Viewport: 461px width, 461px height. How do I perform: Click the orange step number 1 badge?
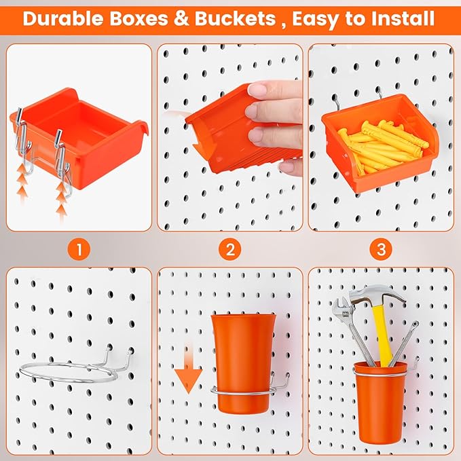[x=79, y=249]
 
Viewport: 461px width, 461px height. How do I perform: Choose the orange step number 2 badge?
[x=230, y=249]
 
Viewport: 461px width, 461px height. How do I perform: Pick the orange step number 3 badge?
[x=381, y=249]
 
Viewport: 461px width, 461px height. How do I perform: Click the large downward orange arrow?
[x=188, y=377]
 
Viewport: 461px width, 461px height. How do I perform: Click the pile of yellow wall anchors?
[x=384, y=146]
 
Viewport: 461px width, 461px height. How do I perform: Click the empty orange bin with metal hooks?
[x=88, y=139]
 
